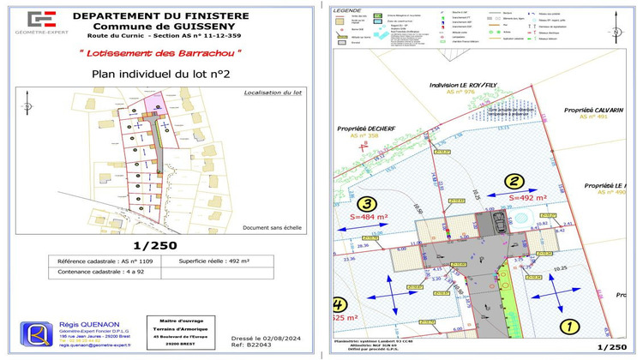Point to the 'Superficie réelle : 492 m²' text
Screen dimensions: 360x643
point(214,260)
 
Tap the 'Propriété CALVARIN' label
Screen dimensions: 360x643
point(592,111)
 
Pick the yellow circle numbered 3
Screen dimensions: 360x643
point(366,204)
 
